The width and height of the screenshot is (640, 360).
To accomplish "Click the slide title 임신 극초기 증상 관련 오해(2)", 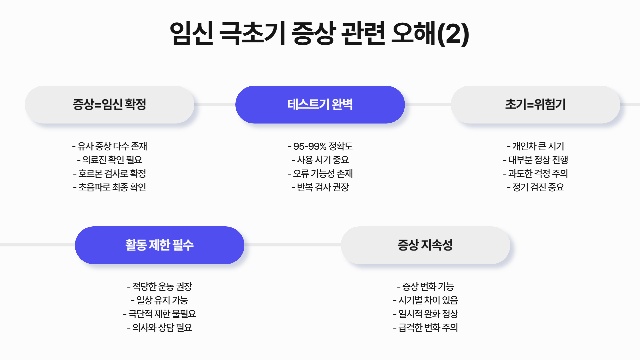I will click(x=319, y=33).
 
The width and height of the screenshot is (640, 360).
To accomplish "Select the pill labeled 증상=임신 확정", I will click(x=109, y=104).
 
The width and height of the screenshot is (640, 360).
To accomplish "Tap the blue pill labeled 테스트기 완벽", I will click(x=320, y=104).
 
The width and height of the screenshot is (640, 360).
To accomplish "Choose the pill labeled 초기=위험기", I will click(x=535, y=104).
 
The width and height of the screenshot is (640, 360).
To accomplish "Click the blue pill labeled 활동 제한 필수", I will click(x=159, y=245).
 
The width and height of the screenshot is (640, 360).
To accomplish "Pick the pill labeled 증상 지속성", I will click(x=425, y=245).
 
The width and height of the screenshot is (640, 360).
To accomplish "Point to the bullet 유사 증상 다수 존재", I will click(x=110, y=146).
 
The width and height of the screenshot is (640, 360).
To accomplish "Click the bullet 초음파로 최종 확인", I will click(x=110, y=187).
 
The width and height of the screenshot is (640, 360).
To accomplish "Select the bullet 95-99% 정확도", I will click(x=320, y=146).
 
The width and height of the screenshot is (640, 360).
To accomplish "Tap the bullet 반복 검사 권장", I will click(x=320, y=187).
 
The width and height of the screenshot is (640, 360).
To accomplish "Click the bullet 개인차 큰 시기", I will click(x=536, y=146).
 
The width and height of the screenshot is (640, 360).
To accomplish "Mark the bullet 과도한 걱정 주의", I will click(x=536, y=173).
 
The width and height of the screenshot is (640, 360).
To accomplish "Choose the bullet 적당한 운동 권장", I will click(x=160, y=286).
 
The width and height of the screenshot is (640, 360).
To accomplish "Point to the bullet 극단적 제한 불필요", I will click(x=160, y=314).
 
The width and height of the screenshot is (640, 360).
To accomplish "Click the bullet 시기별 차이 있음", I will click(x=426, y=300).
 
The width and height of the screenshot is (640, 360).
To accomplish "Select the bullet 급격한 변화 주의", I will click(x=426, y=327).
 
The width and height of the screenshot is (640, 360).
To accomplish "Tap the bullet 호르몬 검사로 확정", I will click(x=110, y=173).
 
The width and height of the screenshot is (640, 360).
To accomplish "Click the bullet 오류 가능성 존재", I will click(x=320, y=173).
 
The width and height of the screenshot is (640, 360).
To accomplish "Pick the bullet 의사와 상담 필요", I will click(x=160, y=327).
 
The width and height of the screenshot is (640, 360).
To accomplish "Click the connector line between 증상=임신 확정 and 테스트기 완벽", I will click(x=215, y=104).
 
